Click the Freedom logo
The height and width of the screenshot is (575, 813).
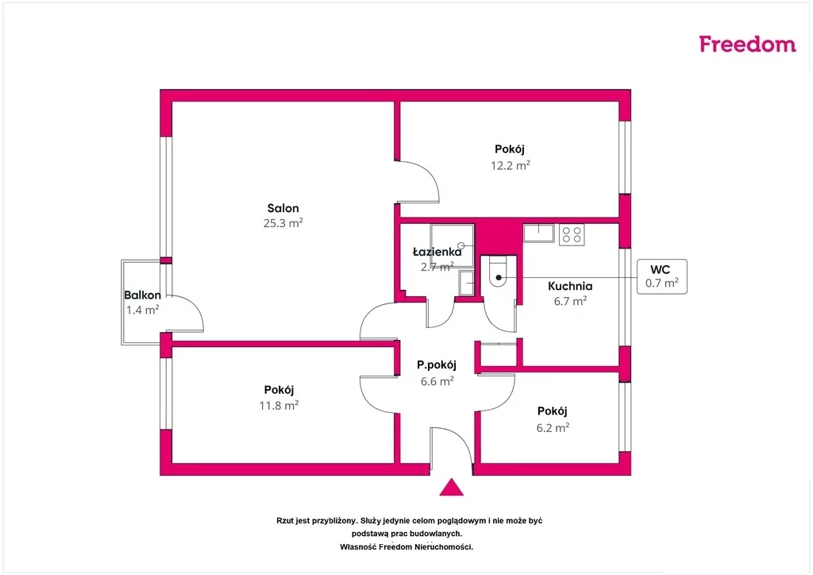747,44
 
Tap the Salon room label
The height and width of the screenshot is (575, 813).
283,208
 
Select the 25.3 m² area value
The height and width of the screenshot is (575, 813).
283,223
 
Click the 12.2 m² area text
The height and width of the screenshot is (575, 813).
511,165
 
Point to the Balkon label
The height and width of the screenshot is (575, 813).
143,295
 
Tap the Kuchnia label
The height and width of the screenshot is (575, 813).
570,286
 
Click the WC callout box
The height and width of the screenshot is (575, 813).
662,277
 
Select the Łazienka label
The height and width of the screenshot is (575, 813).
437,252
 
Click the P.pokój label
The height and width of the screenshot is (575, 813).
437,365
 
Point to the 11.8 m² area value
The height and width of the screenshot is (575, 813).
279,406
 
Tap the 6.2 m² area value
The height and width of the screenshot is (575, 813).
553,428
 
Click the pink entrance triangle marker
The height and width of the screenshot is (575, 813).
452,488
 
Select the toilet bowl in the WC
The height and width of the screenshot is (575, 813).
499,273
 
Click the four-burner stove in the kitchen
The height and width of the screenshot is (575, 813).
572,235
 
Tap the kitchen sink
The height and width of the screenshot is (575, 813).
539,233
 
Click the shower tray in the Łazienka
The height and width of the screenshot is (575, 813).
452,245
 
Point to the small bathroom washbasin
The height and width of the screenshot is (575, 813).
466,283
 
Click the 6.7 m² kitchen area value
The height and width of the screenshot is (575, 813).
570,301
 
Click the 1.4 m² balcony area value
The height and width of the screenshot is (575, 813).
143,310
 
